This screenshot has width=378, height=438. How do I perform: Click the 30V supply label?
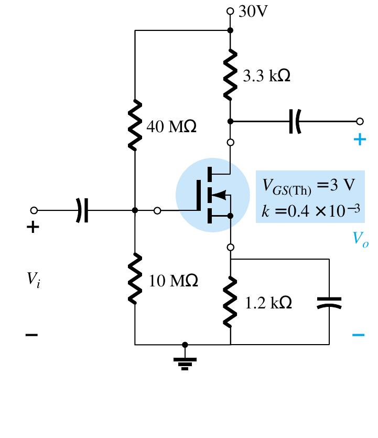[253, 12]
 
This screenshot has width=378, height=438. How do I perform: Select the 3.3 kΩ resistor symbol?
[230, 75]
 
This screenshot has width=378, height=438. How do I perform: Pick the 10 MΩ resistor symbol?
[135, 278]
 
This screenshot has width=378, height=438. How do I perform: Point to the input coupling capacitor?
[82, 210]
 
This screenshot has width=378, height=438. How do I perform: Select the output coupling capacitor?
[295, 121]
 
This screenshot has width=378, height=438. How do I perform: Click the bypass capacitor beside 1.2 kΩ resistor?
[329, 302]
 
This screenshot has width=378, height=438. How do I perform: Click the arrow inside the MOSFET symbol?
[219, 195]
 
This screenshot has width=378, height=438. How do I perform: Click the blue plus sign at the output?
[359, 140]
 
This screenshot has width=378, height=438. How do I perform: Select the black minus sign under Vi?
[33, 335]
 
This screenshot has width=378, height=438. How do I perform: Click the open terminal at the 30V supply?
[230, 11]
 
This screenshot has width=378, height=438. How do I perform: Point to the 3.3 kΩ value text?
[267, 76]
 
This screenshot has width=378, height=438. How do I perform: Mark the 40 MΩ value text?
[172, 127]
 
